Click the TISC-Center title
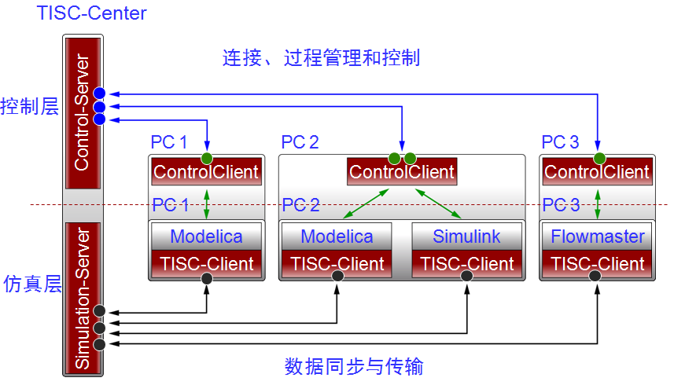click(91, 13)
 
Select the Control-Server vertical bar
click(83, 113)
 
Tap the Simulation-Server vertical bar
click(83, 298)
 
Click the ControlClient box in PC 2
click(402, 172)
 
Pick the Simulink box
click(467, 236)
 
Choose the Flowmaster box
click(597, 236)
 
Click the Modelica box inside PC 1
click(206, 236)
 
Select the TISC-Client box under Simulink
click(467, 263)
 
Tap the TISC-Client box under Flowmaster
click(597, 263)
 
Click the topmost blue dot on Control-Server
click(99, 93)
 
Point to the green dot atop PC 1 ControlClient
click(207, 159)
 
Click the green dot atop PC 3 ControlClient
click(599, 159)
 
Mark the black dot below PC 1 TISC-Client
click(207, 279)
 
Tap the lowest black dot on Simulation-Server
click(99, 344)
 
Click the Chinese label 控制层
click(29, 106)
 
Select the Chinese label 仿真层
click(32, 284)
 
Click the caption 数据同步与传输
click(354, 367)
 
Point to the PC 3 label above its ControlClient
click(560, 142)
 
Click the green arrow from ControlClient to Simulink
click(438, 203)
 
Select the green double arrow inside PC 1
click(207, 204)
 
